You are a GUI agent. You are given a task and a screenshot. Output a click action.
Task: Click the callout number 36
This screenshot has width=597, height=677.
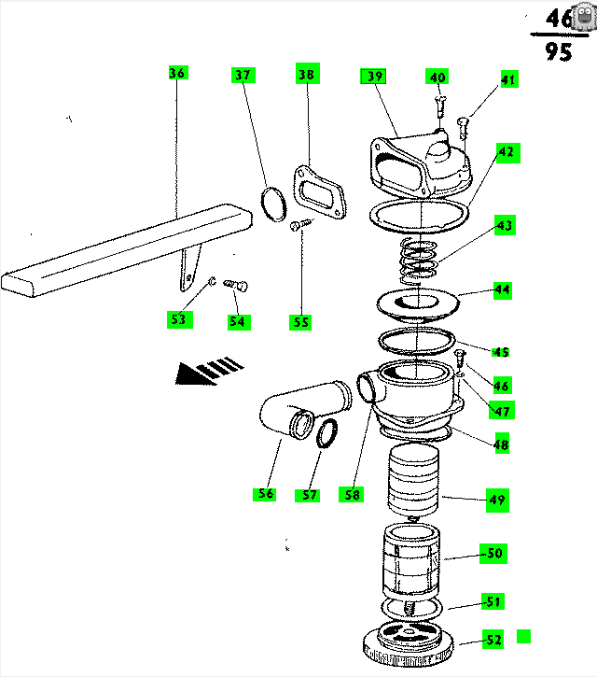click(177, 73)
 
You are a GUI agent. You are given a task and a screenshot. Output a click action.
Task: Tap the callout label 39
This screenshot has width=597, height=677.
click(373, 78)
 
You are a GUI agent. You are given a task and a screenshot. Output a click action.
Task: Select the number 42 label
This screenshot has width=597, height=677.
click(507, 151)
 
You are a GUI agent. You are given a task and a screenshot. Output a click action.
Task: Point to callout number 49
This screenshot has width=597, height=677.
click(497, 501)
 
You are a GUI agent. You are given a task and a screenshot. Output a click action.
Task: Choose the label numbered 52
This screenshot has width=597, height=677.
click(493, 640)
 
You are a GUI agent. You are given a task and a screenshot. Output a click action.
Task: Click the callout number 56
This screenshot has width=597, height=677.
click(267, 494)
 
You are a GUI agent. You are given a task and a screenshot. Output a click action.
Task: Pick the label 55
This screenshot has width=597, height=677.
click(299, 322)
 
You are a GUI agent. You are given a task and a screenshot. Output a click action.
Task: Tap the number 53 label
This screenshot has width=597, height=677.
click(177, 319)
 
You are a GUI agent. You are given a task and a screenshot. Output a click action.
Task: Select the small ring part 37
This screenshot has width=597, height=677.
click(273, 204)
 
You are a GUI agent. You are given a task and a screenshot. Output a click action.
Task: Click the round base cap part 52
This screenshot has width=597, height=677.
click(408, 643)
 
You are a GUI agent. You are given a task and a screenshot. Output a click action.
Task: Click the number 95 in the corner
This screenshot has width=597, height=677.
click(560, 51)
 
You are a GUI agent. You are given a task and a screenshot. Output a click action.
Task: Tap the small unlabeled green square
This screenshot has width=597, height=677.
click(523, 637)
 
